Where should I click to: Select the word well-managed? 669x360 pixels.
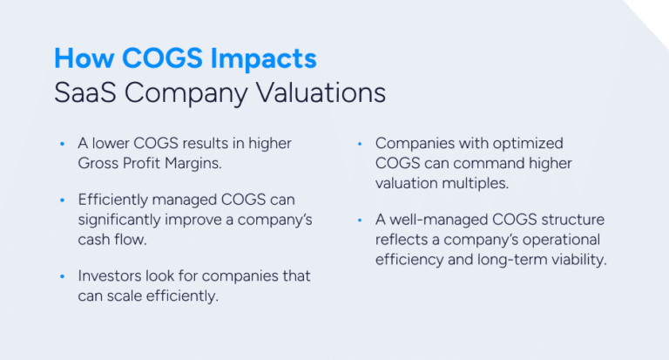click(x=436, y=220)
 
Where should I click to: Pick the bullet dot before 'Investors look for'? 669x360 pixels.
click(x=61, y=277)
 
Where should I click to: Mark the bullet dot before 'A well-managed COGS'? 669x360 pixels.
click(x=359, y=221)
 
